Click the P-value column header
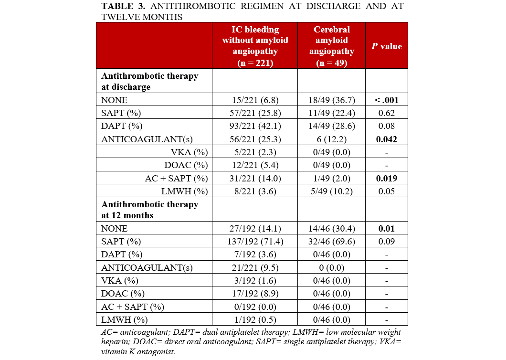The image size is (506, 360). (x=386, y=46)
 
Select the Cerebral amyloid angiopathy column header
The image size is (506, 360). (x=331, y=46)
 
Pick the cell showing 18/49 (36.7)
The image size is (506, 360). (x=331, y=100)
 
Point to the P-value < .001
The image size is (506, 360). (x=386, y=100)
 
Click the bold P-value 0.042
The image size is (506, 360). (x=386, y=140)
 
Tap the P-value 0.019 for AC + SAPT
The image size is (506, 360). (x=386, y=179)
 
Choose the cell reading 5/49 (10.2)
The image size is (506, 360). (x=331, y=191)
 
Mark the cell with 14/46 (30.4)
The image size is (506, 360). (x=331, y=229)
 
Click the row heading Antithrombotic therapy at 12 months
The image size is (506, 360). (x=149, y=210)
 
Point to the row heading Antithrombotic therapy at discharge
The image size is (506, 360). (x=149, y=81)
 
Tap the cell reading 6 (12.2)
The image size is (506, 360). (x=331, y=140)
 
